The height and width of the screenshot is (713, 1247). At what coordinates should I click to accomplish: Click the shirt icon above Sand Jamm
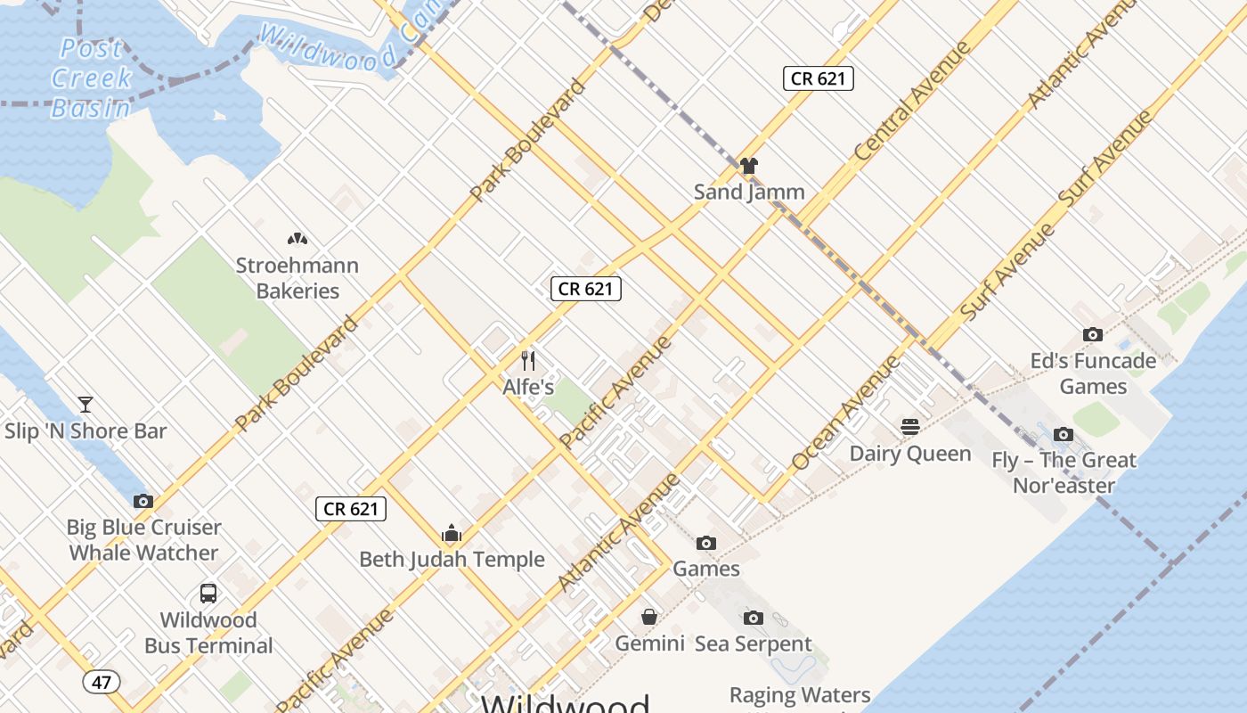(748, 166)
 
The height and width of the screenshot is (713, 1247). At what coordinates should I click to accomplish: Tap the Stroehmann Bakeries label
(297, 278)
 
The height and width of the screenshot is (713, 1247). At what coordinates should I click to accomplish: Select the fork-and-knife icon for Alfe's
(528, 360)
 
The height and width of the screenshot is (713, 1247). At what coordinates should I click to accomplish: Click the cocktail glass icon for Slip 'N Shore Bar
(86, 405)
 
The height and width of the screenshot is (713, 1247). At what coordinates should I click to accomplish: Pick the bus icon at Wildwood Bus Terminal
(208, 594)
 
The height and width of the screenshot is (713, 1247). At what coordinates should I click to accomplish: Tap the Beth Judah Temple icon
(452, 533)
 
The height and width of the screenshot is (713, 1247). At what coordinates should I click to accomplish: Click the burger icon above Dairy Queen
(909, 426)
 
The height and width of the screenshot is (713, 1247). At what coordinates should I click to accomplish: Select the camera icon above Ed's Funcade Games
(1093, 334)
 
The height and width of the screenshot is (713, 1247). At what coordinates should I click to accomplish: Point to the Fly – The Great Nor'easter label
(1064, 473)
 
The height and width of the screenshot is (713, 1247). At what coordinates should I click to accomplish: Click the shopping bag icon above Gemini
(649, 617)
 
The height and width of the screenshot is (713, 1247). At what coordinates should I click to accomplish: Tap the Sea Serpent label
(753, 643)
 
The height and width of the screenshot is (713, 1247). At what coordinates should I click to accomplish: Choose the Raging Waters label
(800, 694)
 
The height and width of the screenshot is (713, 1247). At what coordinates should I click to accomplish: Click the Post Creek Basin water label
(92, 78)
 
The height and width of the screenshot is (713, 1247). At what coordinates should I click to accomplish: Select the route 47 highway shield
(102, 683)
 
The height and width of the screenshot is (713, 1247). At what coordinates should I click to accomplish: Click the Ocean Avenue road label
(846, 413)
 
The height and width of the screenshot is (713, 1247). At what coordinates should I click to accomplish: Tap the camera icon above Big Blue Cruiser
(143, 501)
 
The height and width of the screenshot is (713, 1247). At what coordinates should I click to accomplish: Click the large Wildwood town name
(565, 702)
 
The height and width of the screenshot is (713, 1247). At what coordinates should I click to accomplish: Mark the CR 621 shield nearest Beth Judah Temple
(351, 509)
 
